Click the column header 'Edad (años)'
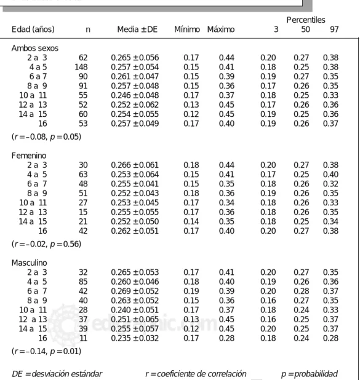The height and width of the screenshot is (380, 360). (x=33, y=30)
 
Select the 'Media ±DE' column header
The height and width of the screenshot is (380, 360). (x=137, y=30)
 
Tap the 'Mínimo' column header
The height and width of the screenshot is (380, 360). (x=187, y=30)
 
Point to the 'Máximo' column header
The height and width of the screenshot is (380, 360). (x=221, y=30)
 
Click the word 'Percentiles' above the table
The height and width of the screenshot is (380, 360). (x=306, y=20)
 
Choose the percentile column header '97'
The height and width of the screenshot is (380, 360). (x=334, y=30)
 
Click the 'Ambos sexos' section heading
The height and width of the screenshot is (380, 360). (x=35, y=48)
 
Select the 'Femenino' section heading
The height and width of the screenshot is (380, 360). (x=29, y=156)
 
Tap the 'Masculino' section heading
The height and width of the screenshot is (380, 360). (x=30, y=263)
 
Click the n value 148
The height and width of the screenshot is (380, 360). (x=81, y=67)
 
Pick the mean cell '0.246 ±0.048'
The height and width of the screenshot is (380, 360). (x=135, y=95)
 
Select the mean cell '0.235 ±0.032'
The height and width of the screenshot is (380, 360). (x=135, y=338)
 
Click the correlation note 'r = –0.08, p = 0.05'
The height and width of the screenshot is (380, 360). (x=46, y=137)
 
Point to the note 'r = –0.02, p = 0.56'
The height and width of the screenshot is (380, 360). (x=46, y=244)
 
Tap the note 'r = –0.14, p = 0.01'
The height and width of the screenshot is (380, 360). (x=46, y=351)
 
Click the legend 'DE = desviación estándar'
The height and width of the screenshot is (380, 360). (x=57, y=374)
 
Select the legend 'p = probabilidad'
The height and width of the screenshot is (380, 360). (x=310, y=374)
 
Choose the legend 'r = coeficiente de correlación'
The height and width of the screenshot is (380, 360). (x=196, y=374)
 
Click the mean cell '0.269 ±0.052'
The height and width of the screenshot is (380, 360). (x=135, y=291)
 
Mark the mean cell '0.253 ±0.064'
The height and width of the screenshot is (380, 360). (x=135, y=175)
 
